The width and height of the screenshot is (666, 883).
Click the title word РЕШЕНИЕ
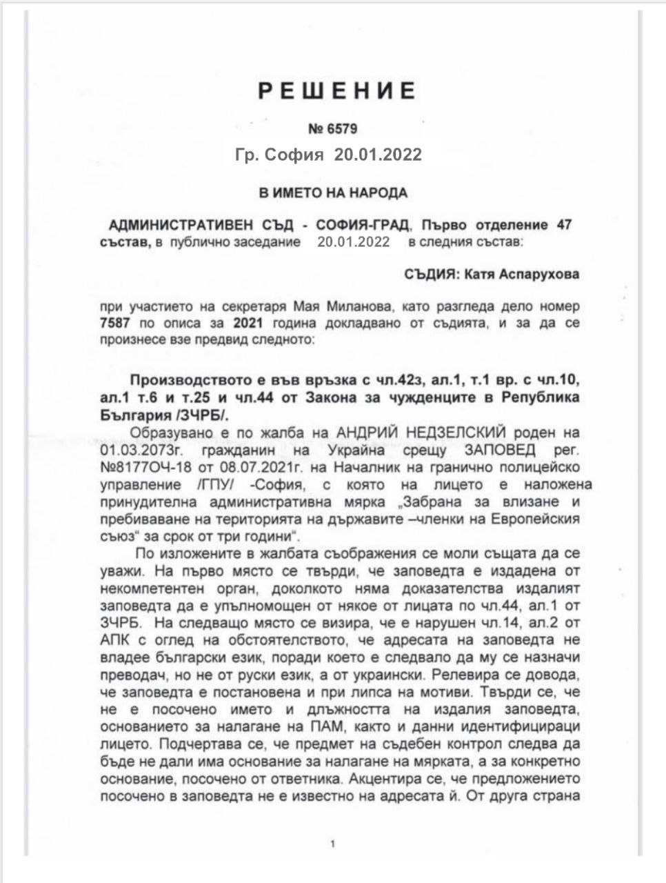click(336, 90)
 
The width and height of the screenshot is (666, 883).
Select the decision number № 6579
click(332, 128)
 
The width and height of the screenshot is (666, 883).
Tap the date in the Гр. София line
click(378, 155)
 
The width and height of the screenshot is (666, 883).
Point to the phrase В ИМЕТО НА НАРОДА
click(333, 192)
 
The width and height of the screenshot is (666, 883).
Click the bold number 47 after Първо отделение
click(565, 226)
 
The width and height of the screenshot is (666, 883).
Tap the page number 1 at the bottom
click(333, 844)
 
